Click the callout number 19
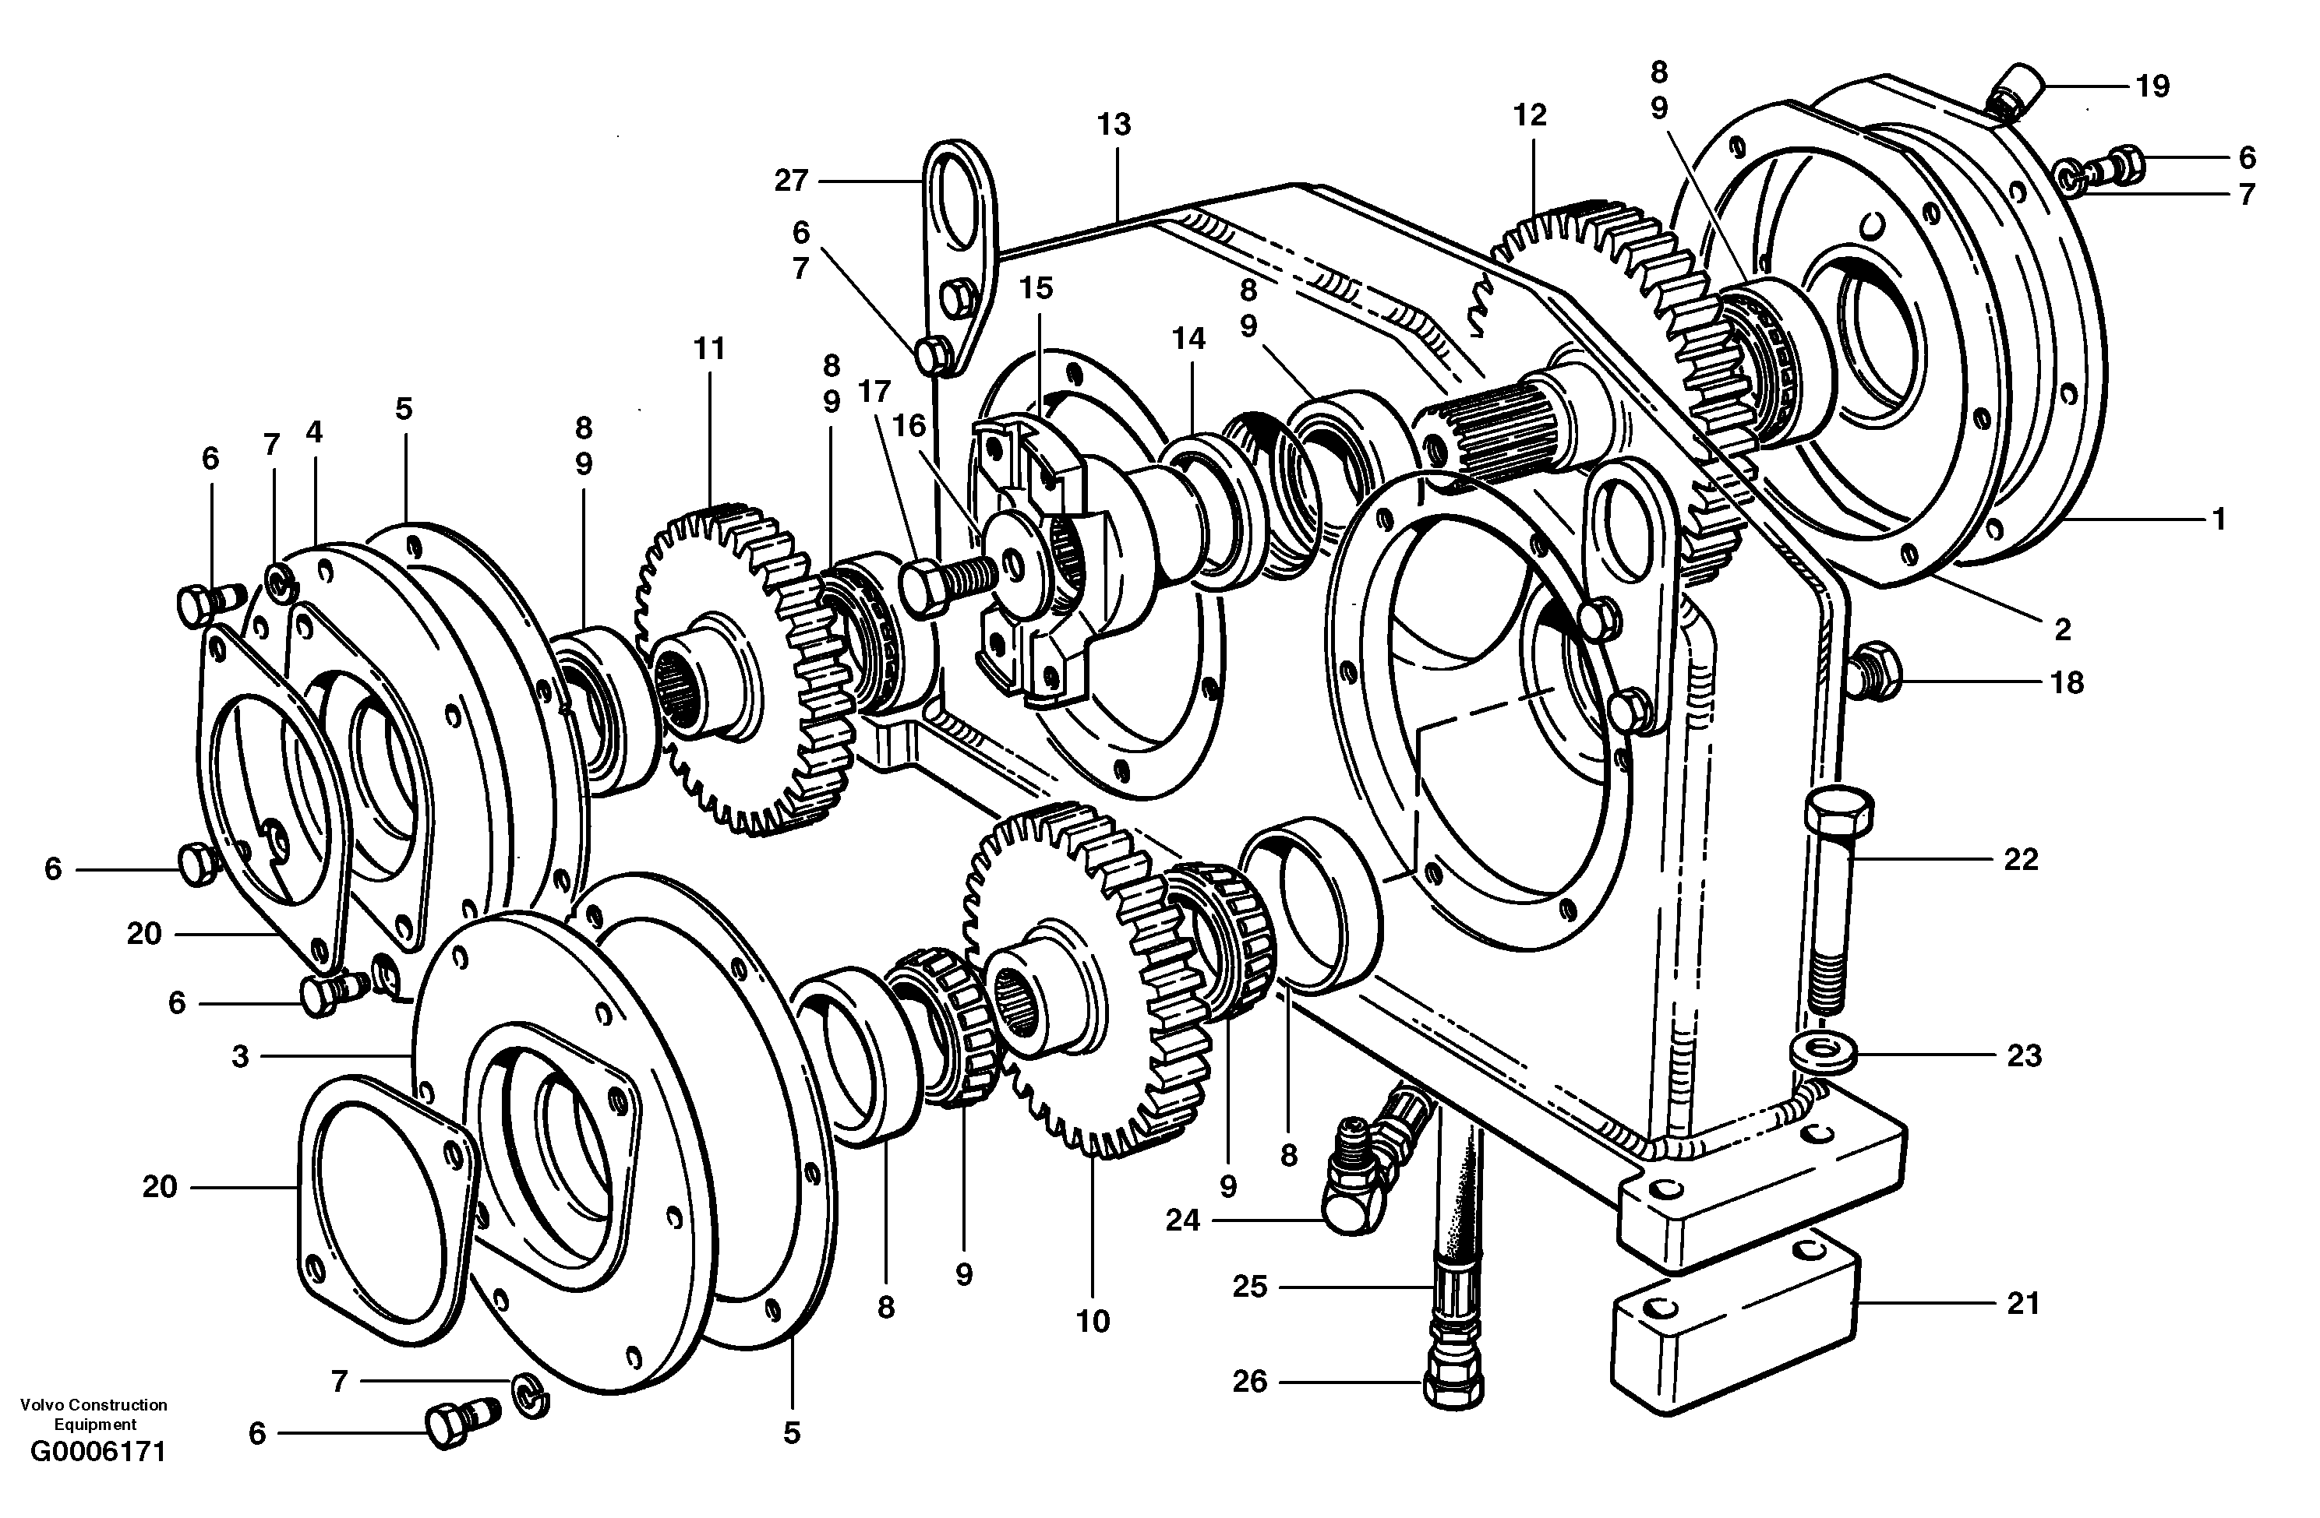point(2152,86)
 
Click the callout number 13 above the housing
point(1113,125)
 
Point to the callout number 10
point(1093,1323)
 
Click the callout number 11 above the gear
point(710,349)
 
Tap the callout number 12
point(1530,116)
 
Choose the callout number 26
point(1250,1382)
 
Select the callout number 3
point(240,1056)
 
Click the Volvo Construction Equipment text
point(94,1414)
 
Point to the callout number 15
point(1037,288)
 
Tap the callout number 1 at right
point(2218,520)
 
